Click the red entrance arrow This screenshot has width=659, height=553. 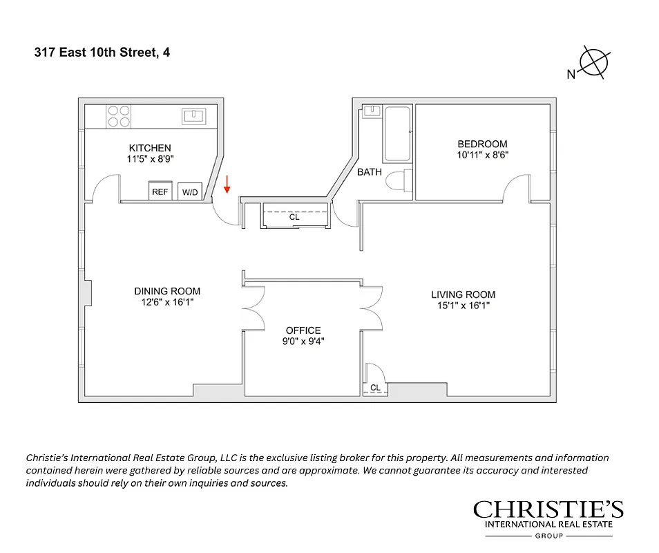pos(227,184)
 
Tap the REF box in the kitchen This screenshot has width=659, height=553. pos(160,192)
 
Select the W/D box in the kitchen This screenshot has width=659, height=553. pos(189,192)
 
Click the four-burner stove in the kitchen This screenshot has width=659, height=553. pos(119,115)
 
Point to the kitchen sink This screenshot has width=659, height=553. pos(194,115)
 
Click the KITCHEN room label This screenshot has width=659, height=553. pos(150,148)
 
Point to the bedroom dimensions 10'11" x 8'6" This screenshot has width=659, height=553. pos(482,156)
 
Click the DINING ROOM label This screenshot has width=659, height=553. pos(167,291)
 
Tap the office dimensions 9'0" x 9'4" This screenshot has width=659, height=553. pos(303,341)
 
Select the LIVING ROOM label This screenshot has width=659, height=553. pos(463,294)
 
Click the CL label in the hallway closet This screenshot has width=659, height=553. pos(294,216)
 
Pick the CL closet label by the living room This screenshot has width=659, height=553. pos(375,388)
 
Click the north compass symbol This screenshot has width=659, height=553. pos(593,63)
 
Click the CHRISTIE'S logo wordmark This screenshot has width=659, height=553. pos(548,510)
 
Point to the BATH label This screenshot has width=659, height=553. pos(369,172)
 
